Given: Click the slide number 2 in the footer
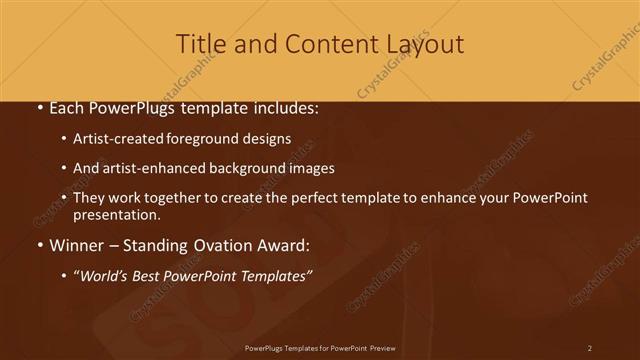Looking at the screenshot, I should pyautogui.click(x=589, y=348).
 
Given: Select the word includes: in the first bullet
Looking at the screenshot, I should pyautogui.click(x=283, y=106).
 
